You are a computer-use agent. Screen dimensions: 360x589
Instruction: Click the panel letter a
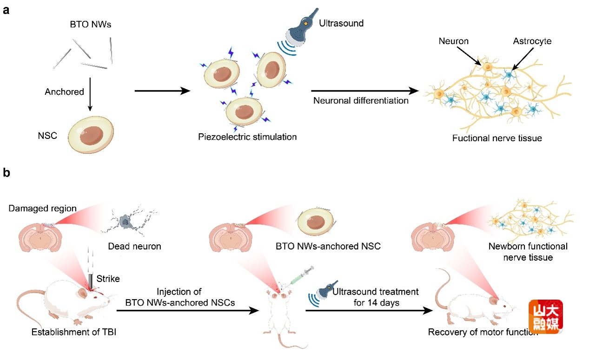(x=7, y=10)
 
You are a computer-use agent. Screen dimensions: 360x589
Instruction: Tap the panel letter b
(x=7, y=173)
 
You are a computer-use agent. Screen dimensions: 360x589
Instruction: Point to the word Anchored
(x=64, y=92)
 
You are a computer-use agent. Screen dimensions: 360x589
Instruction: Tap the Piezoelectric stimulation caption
(x=247, y=137)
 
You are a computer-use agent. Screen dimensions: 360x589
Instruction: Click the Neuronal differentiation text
(x=361, y=100)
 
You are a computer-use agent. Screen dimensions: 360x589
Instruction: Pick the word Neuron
(x=453, y=41)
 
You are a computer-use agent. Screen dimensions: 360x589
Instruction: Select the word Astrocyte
(x=532, y=41)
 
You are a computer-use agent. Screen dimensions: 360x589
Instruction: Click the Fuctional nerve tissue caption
(x=497, y=138)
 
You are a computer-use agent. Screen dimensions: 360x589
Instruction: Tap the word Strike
(x=108, y=279)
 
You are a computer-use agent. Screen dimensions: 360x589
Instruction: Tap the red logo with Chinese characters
(x=545, y=316)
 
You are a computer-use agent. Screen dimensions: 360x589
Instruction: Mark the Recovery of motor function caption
(x=483, y=332)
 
